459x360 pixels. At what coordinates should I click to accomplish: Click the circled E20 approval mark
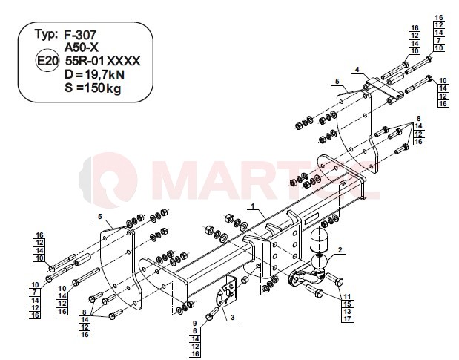coord(47,61)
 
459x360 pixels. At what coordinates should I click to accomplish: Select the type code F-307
coord(80,35)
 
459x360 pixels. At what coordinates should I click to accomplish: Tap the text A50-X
coord(82,48)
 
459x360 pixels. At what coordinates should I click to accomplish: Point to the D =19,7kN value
coord(95,75)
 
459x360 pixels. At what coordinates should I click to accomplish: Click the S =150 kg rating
coord(93,88)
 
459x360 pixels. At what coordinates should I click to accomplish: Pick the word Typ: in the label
coord(46,35)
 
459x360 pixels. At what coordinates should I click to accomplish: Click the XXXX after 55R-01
coord(123,61)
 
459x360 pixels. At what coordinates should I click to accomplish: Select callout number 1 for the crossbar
coord(253,206)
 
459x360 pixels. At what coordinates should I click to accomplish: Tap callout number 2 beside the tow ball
coord(340,250)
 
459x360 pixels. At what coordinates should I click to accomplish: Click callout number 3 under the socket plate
coord(232,317)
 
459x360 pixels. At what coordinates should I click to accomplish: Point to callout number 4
coord(357,70)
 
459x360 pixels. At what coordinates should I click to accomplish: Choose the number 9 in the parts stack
coord(195,324)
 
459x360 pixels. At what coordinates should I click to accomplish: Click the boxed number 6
coord(195,331)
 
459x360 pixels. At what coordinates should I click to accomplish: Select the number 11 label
coord(347,297)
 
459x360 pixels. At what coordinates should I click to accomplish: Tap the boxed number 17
coord(348,319)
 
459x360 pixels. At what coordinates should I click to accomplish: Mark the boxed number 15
coord(348,304)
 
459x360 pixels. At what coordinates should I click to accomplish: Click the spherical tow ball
coord(319,263)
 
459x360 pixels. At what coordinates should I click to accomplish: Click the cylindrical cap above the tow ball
coord(318,240)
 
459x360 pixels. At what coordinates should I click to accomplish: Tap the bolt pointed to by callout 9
coord(213,313)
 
